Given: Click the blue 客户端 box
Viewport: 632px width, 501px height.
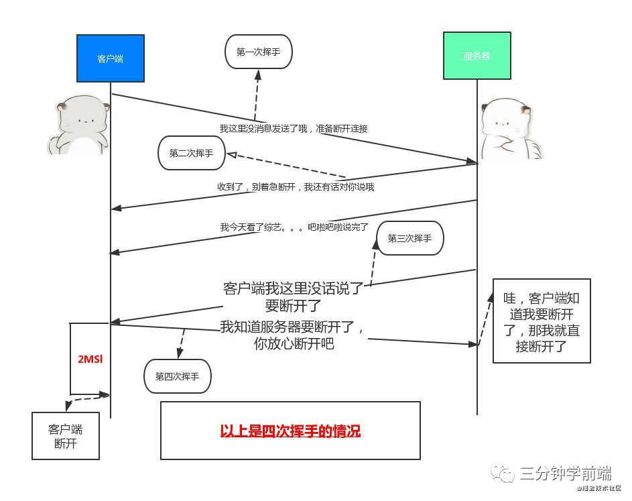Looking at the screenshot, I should (x=111, y=59).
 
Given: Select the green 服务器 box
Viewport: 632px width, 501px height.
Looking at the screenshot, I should (x=477, y=56).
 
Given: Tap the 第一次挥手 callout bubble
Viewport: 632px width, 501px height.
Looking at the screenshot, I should (x=259, y=52).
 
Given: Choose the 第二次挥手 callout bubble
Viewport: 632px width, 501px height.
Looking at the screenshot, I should (x=191, y=154).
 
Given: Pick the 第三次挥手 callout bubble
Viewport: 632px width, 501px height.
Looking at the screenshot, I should (x=409, y=238).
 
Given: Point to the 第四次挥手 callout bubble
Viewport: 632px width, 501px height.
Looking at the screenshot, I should (x=177, y=376).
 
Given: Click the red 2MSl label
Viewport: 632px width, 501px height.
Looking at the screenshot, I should (x=90, y=359).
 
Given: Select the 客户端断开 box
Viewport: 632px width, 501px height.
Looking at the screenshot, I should (x=66, y=436).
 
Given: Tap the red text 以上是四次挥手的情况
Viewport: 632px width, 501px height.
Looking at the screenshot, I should (x=290, y=431).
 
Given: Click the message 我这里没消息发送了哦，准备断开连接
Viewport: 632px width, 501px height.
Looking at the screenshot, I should (x=294, y=128).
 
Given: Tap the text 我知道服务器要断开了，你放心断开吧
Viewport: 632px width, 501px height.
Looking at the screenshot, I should (x=293, y=335).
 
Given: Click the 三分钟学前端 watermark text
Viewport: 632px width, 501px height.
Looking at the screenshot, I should (x=566, y=474).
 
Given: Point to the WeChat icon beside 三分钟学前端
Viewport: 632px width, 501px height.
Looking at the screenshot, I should (x=504, y=474).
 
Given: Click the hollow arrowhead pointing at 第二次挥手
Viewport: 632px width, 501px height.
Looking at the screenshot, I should (x=231, y=154).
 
